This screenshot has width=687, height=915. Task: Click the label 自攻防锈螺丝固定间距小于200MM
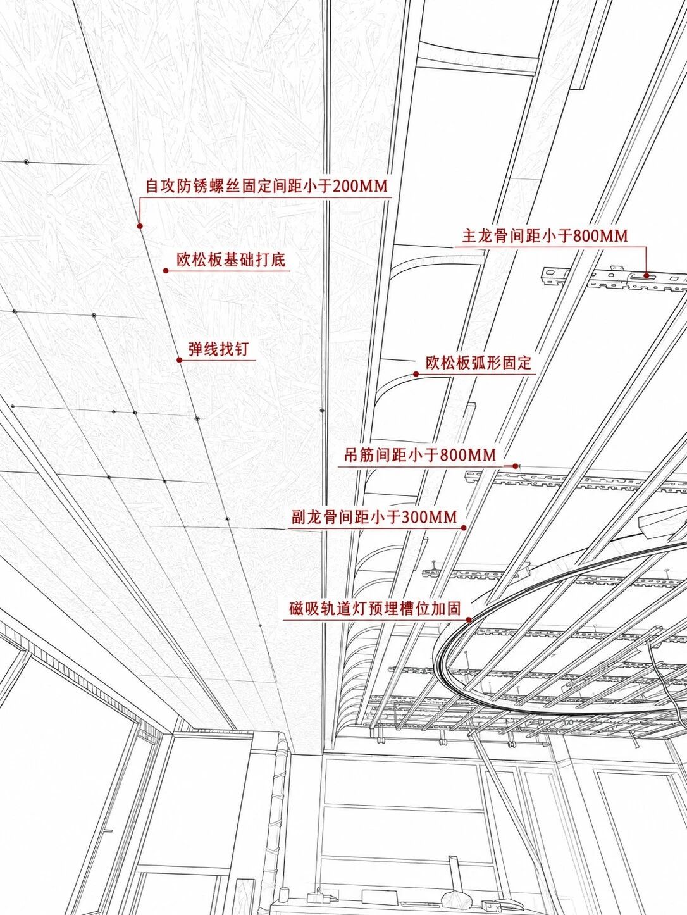[266, 186]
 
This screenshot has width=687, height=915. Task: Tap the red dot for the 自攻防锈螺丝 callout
[140, 226]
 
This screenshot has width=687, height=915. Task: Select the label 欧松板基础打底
[231, 259]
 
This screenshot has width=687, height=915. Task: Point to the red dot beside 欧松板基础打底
[165, 271]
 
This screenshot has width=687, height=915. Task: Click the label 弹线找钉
[219, 349]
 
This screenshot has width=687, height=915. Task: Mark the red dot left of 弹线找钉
[179, 360]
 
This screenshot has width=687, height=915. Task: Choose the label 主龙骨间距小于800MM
[545, 237]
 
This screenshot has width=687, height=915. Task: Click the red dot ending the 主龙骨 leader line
[646, 275]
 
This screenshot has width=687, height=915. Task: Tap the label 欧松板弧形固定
[479, 362]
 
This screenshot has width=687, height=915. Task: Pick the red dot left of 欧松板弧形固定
[416, 374]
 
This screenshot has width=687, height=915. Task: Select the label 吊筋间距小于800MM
[420, 454]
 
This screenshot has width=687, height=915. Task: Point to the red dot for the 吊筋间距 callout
[516, 466]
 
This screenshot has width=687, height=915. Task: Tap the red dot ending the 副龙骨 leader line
[464, 528]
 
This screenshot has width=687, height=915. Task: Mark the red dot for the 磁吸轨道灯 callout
[469, 620]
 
